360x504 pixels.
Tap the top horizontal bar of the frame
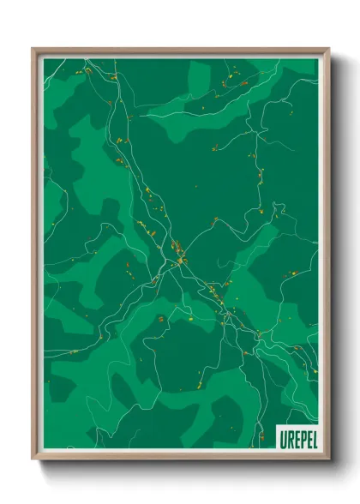coord(180,51)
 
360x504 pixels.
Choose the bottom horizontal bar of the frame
coord(180,455)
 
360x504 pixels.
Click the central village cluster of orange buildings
coord(178,252)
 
